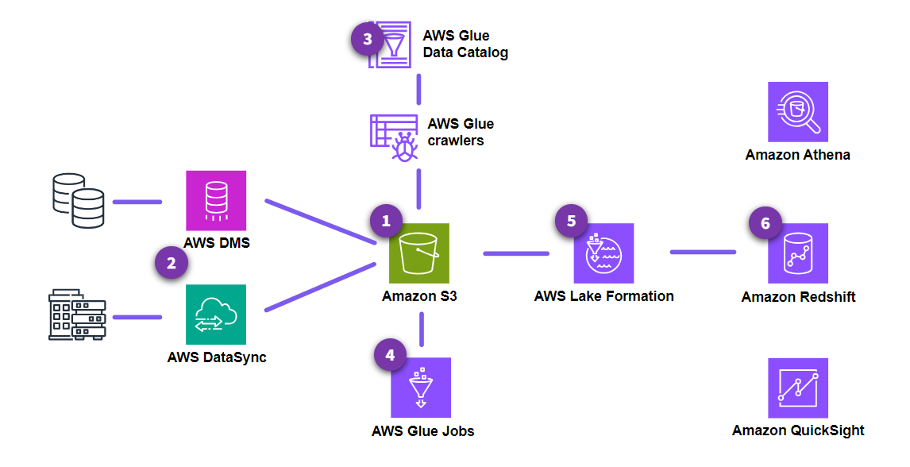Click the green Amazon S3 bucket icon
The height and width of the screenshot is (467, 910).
[419, 253]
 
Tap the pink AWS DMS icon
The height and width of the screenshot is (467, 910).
[216, 200]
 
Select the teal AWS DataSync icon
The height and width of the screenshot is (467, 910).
[216, 315]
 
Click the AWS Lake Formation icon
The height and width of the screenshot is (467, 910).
[603, 253]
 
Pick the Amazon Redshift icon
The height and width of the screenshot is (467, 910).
[798, 253]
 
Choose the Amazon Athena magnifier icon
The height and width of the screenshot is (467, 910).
[798, 112]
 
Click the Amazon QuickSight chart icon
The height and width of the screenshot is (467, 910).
[798, 388]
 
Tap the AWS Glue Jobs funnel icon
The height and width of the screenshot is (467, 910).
[421, 388]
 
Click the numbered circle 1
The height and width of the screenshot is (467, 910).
[387, 222]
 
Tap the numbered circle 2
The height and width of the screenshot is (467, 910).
[171, 263]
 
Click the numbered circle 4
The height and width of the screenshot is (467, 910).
[390, 356]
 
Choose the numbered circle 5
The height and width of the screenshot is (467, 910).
[572, 222]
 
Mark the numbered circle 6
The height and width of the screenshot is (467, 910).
[765, 223]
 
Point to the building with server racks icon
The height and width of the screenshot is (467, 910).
[77, 315]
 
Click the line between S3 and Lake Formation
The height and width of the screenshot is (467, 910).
[516, 254]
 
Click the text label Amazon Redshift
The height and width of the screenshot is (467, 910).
[798, 297]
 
